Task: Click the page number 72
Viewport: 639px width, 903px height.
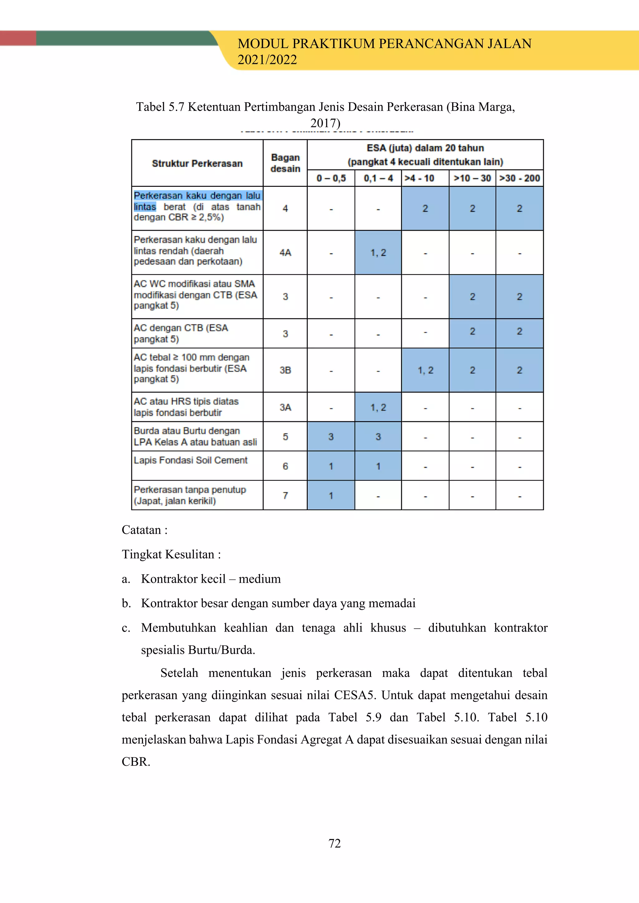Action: pos(334,843)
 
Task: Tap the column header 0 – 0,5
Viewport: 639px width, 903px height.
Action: pos(331,178)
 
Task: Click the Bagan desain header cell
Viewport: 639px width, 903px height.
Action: pos(285,163)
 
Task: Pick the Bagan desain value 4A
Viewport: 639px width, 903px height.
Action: pos(285,253)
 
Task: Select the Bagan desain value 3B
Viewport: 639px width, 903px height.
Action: pos(285,370)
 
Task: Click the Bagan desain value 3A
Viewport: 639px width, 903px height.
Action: pos(285,407)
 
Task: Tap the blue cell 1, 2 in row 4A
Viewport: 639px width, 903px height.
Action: pos(378,253)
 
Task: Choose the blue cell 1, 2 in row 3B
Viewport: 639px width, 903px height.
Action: pos(425,370)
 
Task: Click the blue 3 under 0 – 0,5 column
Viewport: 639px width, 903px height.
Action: pos(331,437)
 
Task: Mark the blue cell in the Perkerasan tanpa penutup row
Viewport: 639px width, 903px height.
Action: pos(331,495)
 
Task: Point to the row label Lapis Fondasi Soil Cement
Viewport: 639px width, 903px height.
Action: pos(190,460)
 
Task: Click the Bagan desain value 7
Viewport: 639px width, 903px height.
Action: pos(285,495)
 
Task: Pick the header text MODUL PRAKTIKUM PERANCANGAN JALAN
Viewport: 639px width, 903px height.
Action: pos(384,44)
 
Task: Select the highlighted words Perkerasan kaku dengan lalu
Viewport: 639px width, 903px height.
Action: pos(197,196)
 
